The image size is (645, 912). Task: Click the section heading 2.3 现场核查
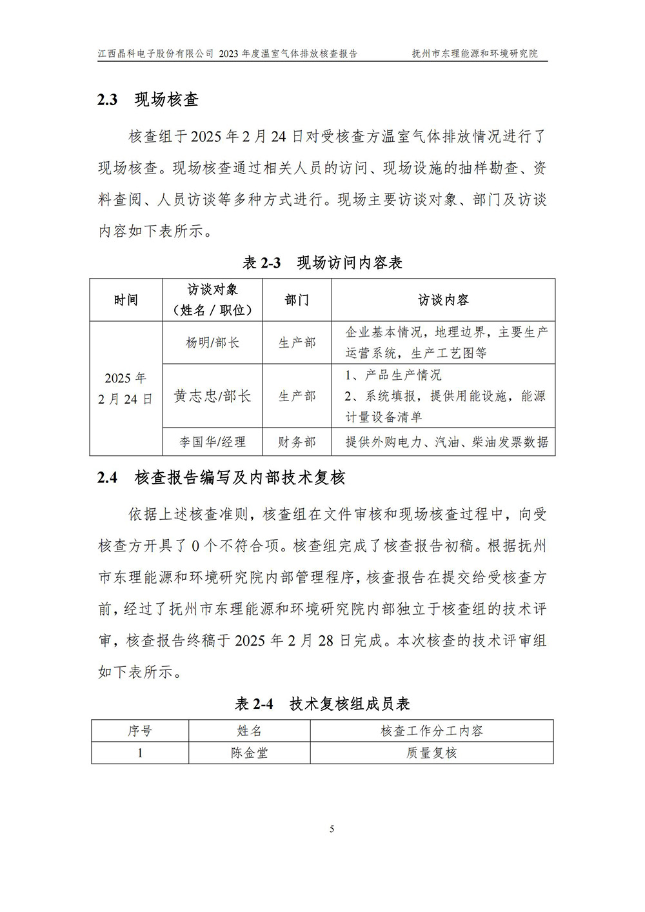pyautogui.click(x=148, y=99)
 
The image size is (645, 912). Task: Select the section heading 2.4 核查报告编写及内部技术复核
pyautogui.click(x=221, y=477)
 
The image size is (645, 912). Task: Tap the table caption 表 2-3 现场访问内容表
pyautogui.click(x=322, y=263)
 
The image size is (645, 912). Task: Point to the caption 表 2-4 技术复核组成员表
pyautogui.click(x=322, y=704)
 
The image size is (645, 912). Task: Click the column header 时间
pyautogui.click(x=126, y=300)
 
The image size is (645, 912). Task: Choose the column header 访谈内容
pyautogui.click(x=443, y=300)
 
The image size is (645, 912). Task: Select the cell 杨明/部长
pyautogui.click(x=212, y=342)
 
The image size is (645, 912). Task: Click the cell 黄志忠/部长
pyautogui.click(x=212, y=396)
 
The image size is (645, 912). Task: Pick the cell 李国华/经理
pyautogui.click(x=212, y=442)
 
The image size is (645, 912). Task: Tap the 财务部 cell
pyautogui.click(x=297, y=442)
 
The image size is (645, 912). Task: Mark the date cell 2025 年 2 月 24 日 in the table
pyautogui.click(x=126, y=388)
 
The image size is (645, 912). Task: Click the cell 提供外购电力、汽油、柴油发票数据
pyautogui.click(x=446, y=442)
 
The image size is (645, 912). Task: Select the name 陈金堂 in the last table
pyautogui.click(x=249, y=753)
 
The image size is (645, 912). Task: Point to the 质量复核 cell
pyautogui.click(x=432, y=753)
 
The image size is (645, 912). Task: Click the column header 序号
pyautogui.click(x=140, y=731)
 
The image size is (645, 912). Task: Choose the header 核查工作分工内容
pyautogui.click(x=432, y=731)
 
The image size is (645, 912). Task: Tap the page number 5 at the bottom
pyautogui.click(x=332, y=829)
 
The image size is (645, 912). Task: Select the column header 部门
pyautogui.click(x=297, y=300)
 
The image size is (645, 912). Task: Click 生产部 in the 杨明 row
pyautogui.click(x=297, y=342)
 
